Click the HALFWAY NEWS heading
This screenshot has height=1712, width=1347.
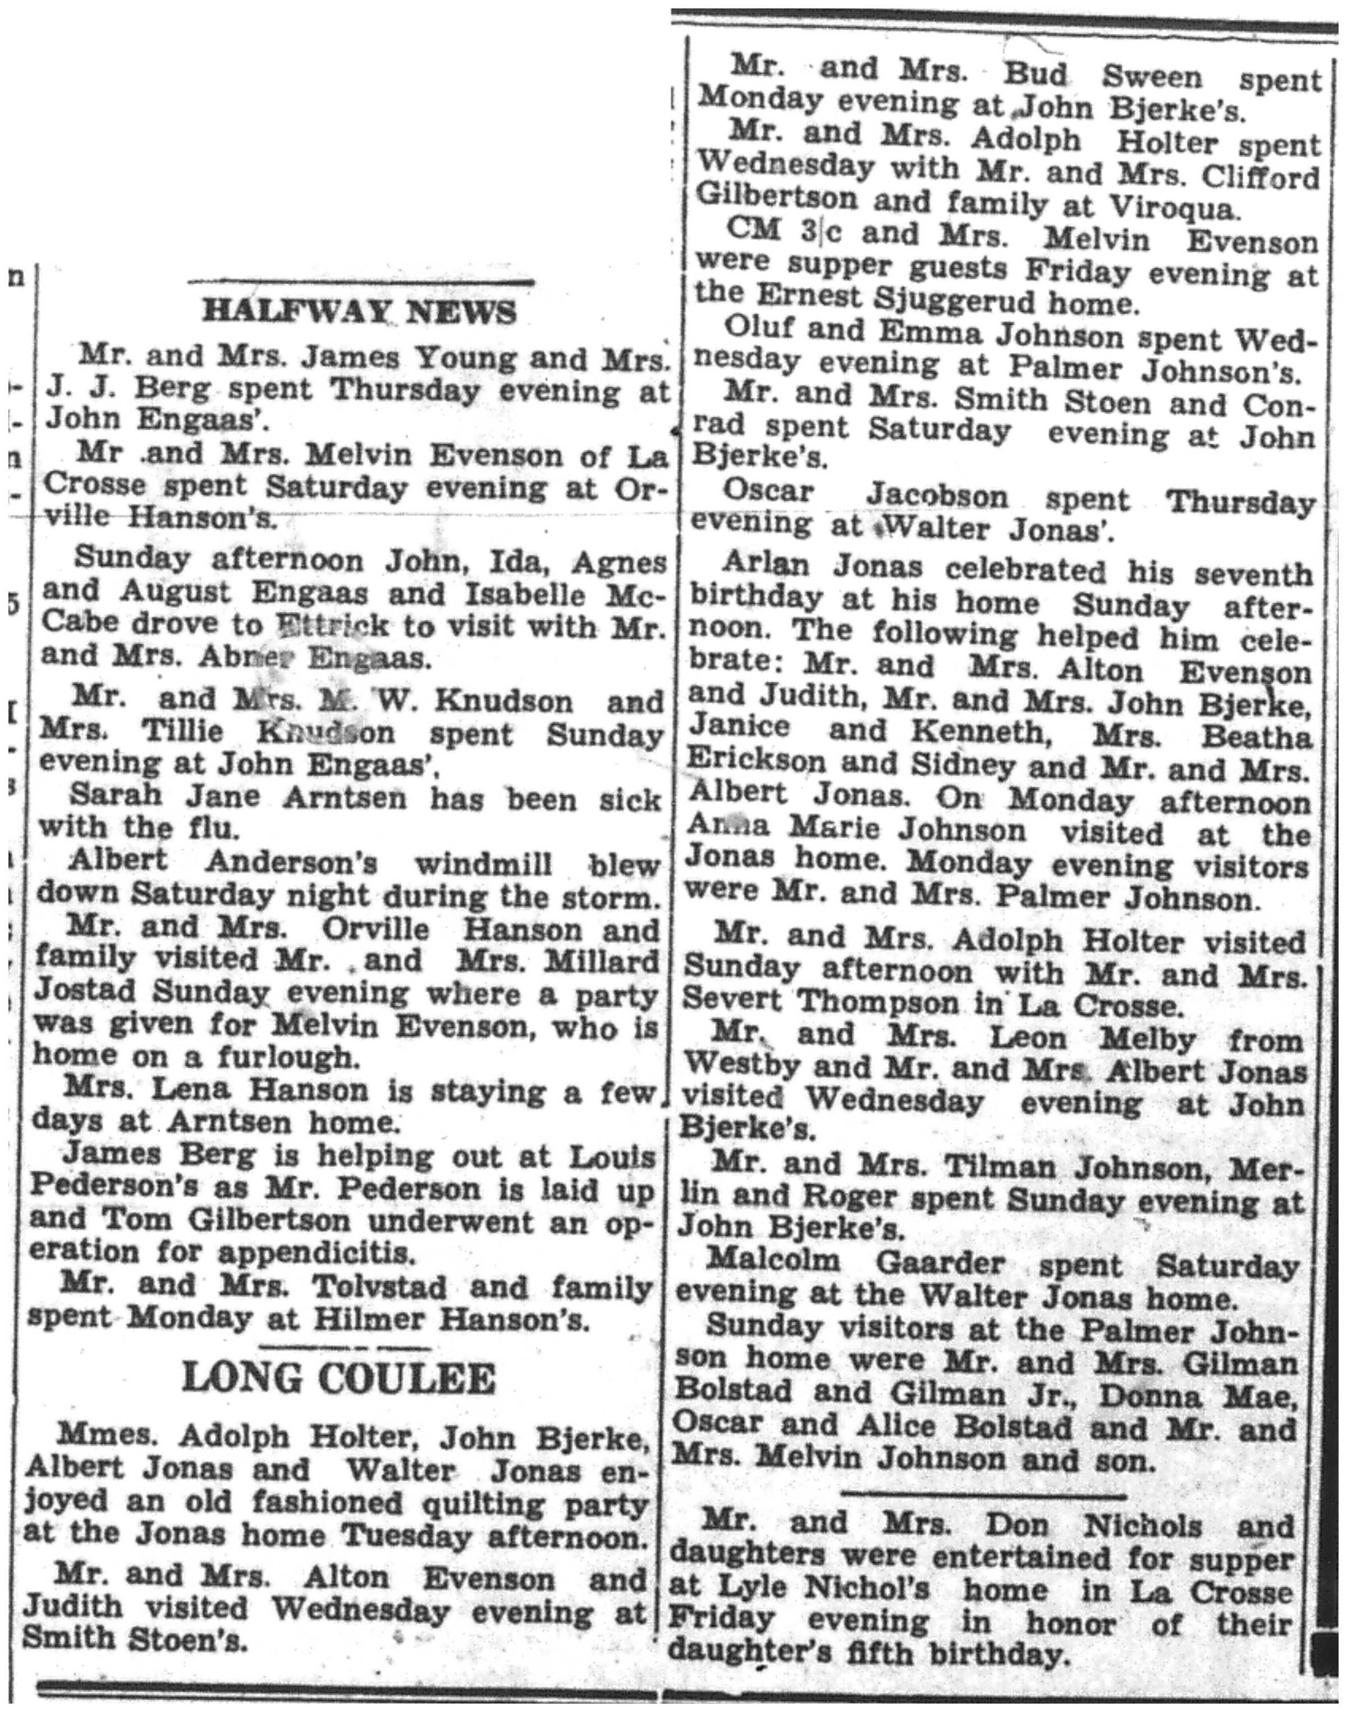point(359,312)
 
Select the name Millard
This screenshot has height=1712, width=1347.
point(599,962)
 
